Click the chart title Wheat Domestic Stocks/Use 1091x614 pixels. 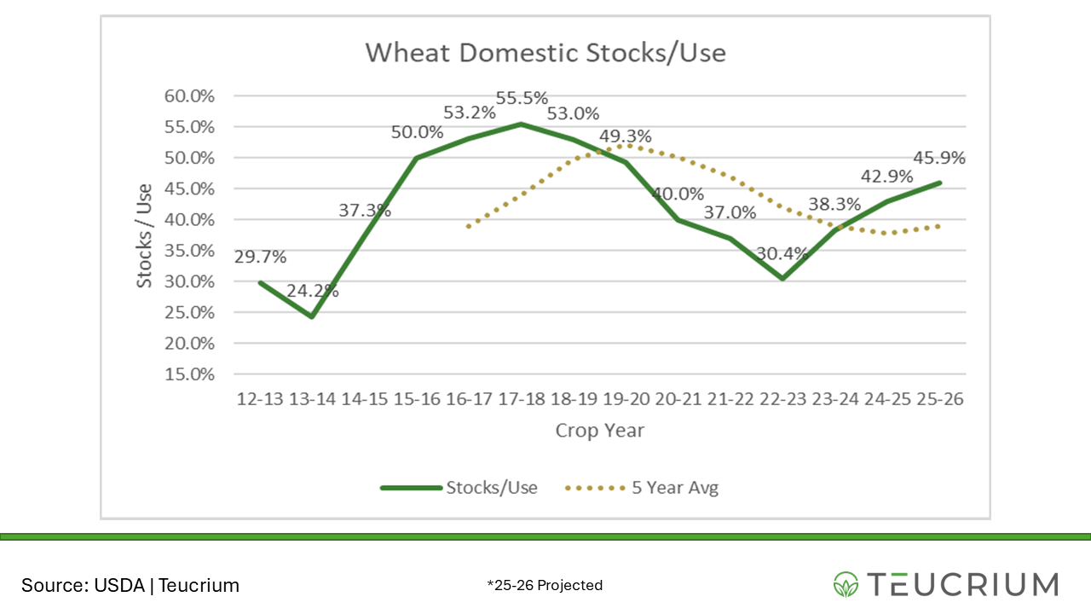point(545,53)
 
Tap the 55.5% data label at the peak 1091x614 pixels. point(522,98)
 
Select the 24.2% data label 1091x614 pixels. point(312,291)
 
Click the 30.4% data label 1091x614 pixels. point(781,253)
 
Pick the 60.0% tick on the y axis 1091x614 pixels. point(189,96)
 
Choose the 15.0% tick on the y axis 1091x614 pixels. point(189,374)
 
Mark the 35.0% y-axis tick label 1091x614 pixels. point(189,251)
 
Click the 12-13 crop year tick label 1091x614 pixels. point(259,400)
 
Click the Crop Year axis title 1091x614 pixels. point(599,431)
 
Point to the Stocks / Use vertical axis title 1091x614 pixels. point(145,235)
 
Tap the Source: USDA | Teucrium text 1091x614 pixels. point(130,585)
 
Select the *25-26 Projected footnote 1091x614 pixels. point(545,585)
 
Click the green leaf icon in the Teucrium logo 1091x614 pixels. point(846,584)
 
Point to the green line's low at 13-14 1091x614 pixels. point(312,316)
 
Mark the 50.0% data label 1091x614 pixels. point(417,132)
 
